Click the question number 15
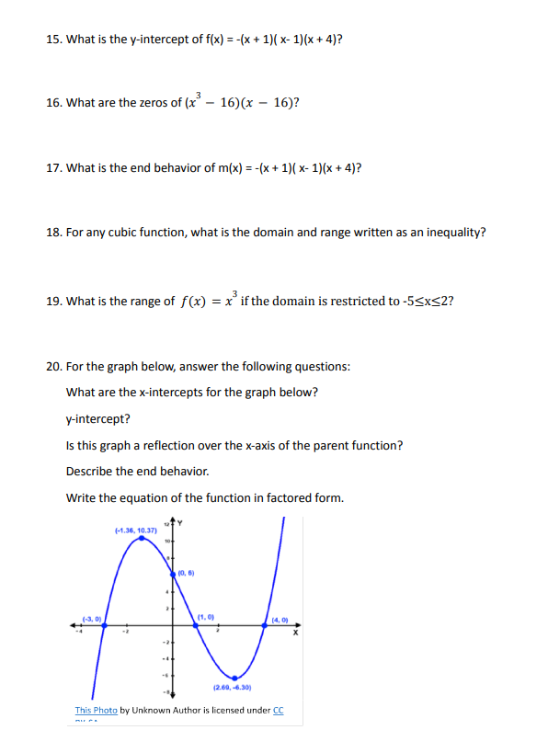click(x=53, y=40)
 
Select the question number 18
click(x=53, y=233)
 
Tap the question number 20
click(x=53, y=367)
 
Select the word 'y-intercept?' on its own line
click(x=97, y=419)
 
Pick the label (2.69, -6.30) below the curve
click(x=233, y=688)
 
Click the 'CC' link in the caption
click(x=279, y=710)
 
